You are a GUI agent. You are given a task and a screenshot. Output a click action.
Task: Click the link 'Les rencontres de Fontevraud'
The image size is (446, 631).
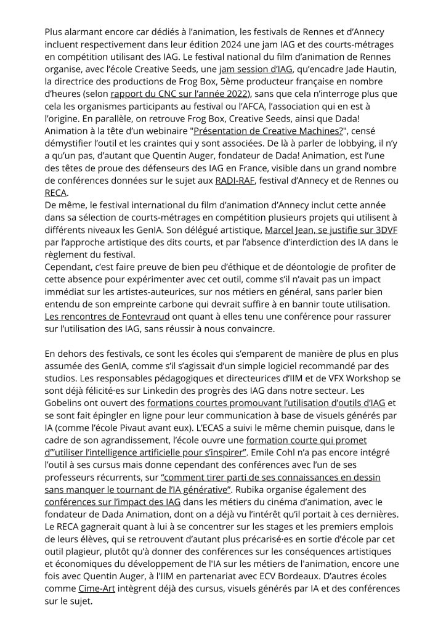(x=107, y=317)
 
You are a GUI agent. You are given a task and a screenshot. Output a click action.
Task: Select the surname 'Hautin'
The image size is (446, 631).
(x=378, y=68)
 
